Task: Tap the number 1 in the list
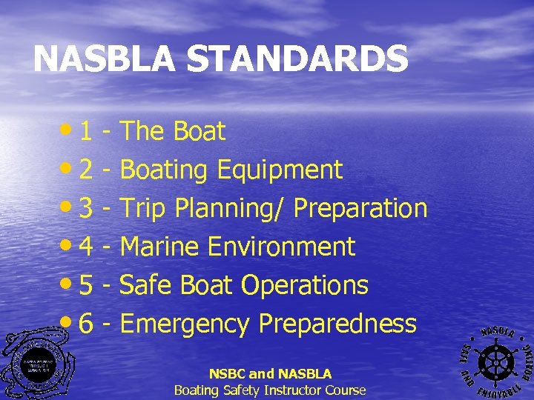tap(86, 132)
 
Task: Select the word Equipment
tap(280, 170)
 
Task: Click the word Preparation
tap(360, 209)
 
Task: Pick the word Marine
tap(160, 247)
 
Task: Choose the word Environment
tap(282, 247)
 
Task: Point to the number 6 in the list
tap(86, 324)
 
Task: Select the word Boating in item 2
tap(165, 170)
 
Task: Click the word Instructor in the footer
tap(286, 390)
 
